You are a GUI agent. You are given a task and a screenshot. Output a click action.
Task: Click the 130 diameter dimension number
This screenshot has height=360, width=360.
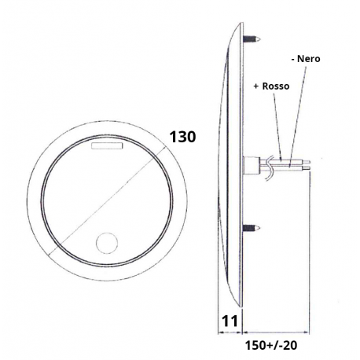point(183,136)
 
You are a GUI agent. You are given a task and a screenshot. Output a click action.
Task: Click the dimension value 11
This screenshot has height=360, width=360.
point(228,321)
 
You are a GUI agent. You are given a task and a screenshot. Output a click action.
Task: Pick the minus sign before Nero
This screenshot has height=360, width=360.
point(292,58)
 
